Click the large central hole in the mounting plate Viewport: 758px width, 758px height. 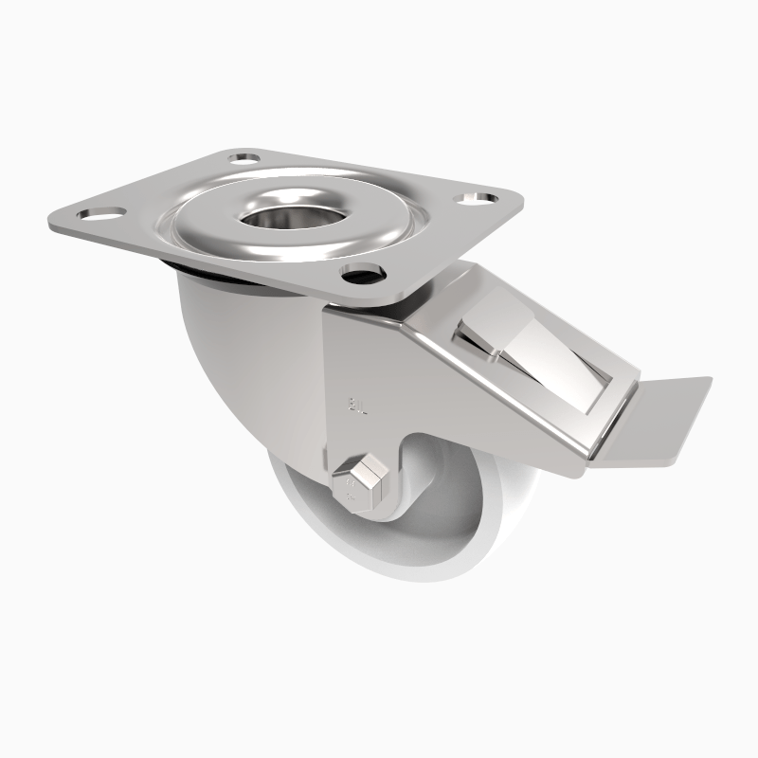(268, 210)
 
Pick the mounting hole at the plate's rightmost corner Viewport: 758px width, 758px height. (478, 199)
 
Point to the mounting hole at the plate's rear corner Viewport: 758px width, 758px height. (244, 153)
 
